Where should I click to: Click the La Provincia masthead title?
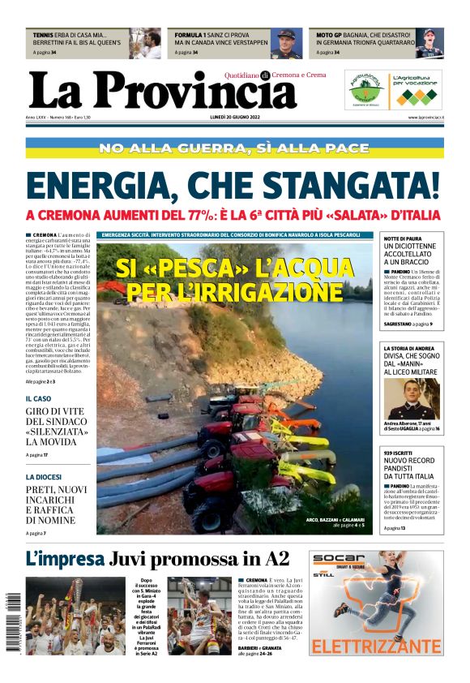(162, 91)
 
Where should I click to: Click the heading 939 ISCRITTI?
(399, 453)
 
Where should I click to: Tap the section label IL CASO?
(38, 399)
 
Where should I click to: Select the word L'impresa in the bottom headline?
(65, 559)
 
